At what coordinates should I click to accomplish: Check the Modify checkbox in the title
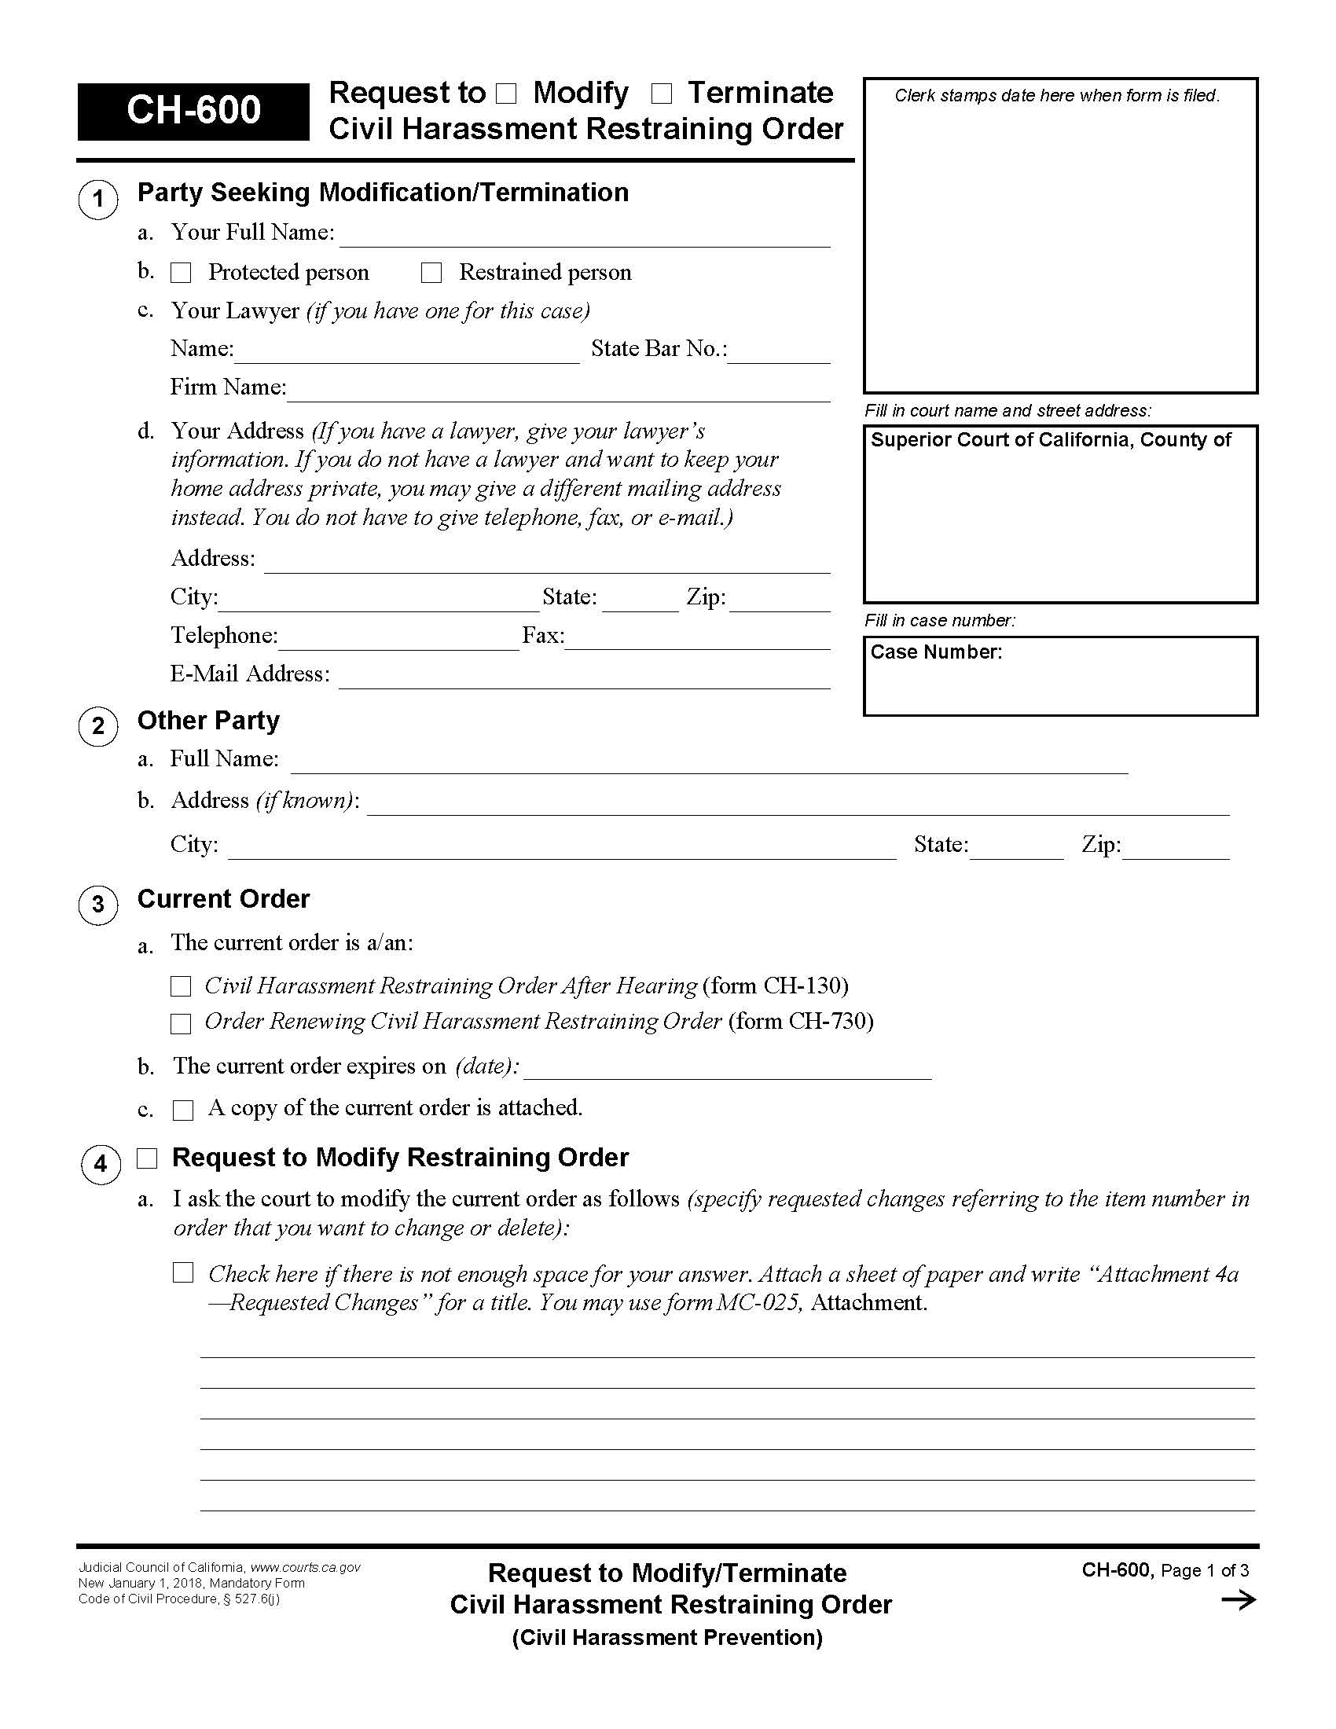[506, 94]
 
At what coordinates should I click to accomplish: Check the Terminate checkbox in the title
[661, 94]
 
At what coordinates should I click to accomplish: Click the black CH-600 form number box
[193, 112]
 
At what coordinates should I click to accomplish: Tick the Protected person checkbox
[182, 273]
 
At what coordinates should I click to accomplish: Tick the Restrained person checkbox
[431, 273]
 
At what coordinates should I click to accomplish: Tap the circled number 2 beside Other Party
[98, 726]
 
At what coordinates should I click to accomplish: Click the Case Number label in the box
[935, 652]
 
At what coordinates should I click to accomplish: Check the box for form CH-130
[182, 986]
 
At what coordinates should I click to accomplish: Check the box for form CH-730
[182, 1023]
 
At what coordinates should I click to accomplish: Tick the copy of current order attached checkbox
[183, 1110]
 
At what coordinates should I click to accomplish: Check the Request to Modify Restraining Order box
[147, 1159]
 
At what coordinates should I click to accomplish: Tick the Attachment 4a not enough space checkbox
[183, 1273]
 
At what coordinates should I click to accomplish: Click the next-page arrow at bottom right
[1238, 1601]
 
